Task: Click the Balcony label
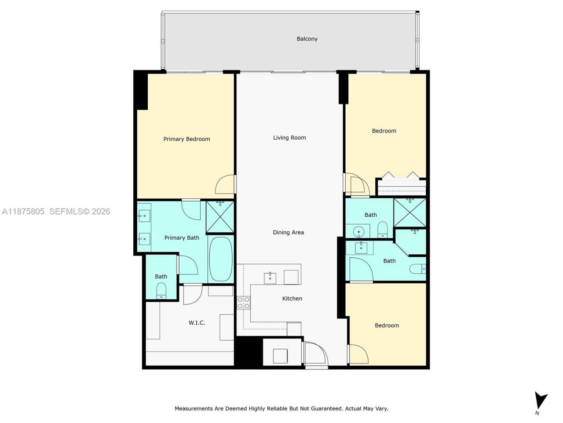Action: pos(307,39)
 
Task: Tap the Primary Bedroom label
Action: pos(186,139)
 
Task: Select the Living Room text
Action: pos(289,137)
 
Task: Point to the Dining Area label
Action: pos(288,232)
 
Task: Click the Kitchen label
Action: pos(292,298)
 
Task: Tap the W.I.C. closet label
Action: pos(197,323)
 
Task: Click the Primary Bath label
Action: pos(182,237)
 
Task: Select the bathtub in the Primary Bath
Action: pos(220,260)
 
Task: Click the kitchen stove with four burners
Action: pos(244,303)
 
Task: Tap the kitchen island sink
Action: pos(270,278)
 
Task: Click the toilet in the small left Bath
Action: pos(161,291)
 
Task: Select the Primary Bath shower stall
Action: pos(220,216)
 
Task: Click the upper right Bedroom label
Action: pos(384,131)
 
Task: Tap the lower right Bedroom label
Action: pos(387,325)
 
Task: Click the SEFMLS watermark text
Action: pos(79,211)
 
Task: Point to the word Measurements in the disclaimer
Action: pos(194,408)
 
